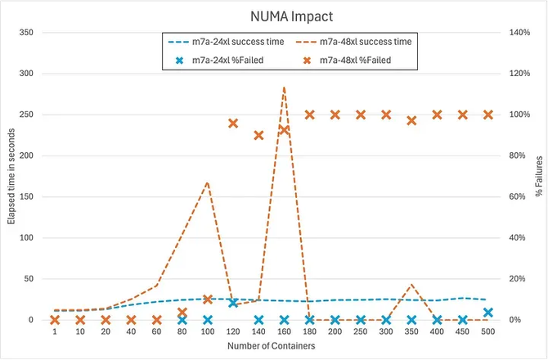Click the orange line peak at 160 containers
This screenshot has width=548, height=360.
284,87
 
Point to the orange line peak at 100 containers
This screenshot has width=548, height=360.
208,182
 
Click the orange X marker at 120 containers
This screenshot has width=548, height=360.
233,124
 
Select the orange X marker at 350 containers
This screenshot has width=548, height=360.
411,120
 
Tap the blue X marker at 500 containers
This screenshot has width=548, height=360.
488,312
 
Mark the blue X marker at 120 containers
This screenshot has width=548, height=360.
233,303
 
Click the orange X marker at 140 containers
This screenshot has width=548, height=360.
258,135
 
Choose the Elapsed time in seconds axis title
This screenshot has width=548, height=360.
11,176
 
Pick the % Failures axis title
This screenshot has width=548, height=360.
538,176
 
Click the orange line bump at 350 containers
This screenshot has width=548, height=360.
411,285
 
